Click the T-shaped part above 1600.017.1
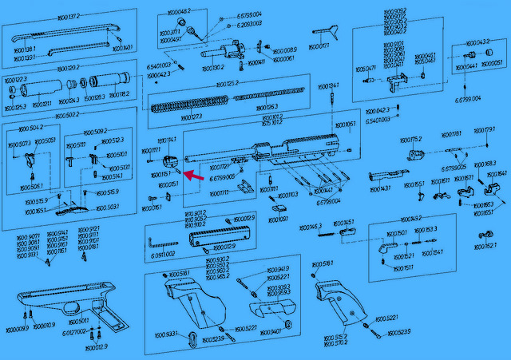(x=323, y=30)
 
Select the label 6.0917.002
(x=160, y=253)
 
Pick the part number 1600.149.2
(x=410, y=218)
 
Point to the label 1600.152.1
(x=485, y=246)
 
